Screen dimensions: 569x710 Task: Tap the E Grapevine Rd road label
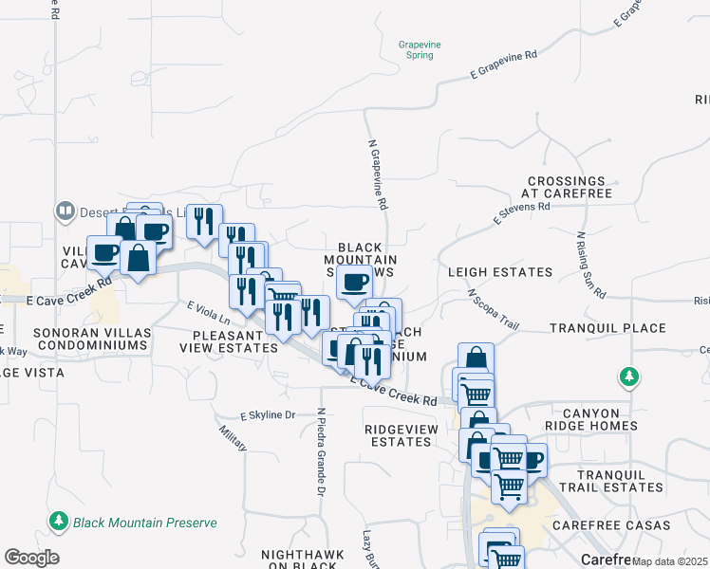point(503,64)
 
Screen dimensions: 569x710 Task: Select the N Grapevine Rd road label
point(378,175)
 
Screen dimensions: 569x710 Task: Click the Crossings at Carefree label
point(567,187)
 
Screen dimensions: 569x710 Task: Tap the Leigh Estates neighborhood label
point(500,272)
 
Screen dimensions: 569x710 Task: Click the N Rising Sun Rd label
point(589,266)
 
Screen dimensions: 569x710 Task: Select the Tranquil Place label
point(607,328)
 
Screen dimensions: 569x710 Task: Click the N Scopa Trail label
point(494,309)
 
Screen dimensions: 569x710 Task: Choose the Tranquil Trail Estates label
point(610,481)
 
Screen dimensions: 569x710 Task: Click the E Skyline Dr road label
point(269,415)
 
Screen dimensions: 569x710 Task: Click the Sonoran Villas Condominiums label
point(90,340)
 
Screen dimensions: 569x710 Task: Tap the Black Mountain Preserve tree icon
point(59,522)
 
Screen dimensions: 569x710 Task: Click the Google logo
point(31,558)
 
